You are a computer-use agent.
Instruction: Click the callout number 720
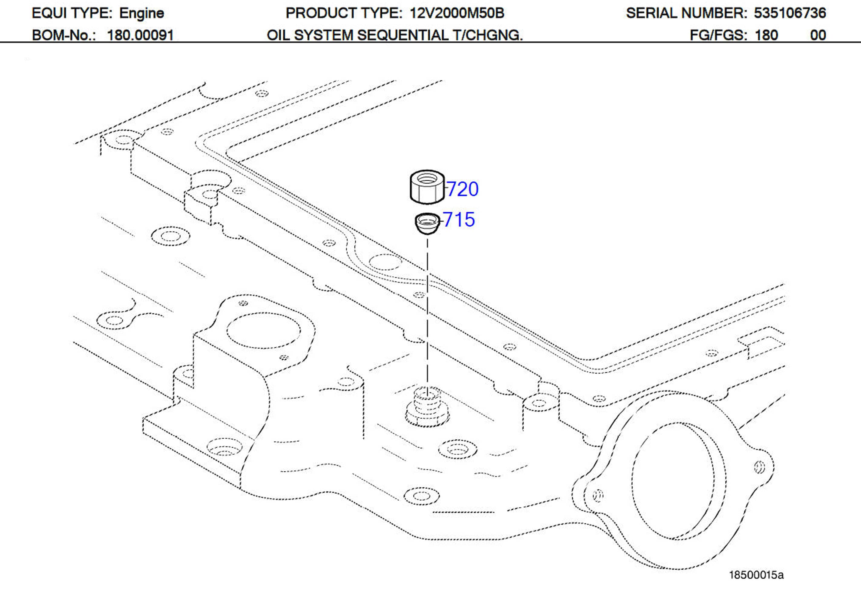click(463, 189)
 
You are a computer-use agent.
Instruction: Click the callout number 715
click(459, 220)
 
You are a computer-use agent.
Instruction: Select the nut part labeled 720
click(427, 187)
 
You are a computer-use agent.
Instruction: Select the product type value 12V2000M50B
click(457, 14)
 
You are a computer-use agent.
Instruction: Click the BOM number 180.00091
click(140, 35)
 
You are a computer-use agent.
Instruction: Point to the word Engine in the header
click(141, 14)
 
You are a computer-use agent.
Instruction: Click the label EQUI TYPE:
click(72, 14)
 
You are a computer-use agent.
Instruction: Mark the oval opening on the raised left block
click(263, 330)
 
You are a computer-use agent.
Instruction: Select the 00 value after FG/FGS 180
click(818, 35)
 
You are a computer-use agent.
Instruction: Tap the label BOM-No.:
click(64, 35)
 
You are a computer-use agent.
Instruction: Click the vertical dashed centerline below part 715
click(427, 311)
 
